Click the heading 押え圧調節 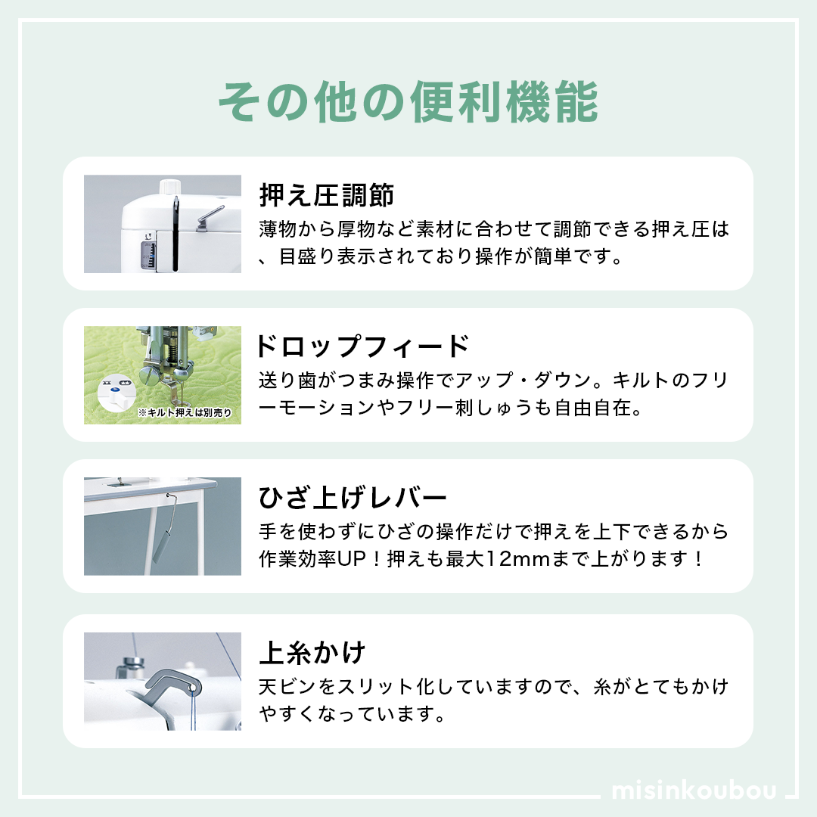pos(327,195)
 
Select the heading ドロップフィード pos(363,346)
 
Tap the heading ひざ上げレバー pos(353,498)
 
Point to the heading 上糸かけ pos(312,653)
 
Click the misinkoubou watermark pos(694,790)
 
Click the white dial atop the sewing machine pos(169,188)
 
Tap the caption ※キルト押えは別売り pos(185,413)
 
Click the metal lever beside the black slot pos(210,219)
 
